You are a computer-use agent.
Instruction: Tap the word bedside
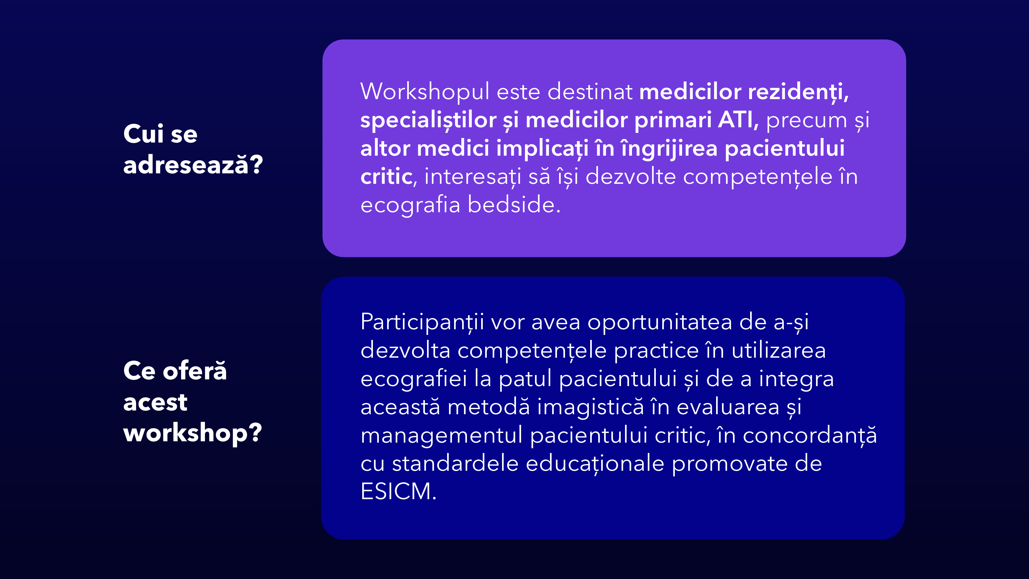coord(514,205)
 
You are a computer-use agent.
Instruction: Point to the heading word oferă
coord(195,371)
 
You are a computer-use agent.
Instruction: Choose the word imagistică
coord(590,407)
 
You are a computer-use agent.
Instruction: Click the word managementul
coord(441,435)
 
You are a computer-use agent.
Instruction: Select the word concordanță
coord(810,435)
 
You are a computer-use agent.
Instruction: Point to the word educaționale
coord(595,464)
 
